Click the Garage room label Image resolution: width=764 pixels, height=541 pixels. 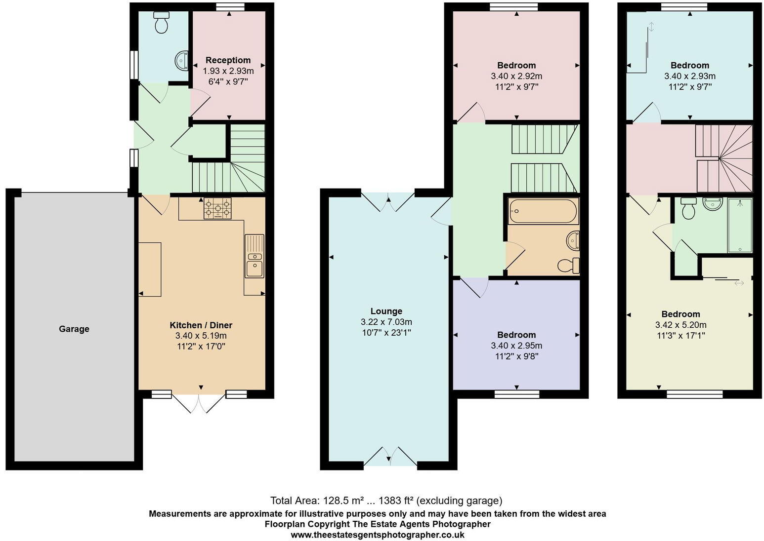74,329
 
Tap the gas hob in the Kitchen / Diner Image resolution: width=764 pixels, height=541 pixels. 217,208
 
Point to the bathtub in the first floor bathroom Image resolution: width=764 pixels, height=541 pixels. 543,211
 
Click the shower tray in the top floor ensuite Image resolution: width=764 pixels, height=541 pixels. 739,226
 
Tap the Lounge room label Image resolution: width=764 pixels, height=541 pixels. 386,311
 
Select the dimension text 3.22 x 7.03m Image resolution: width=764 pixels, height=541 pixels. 386,322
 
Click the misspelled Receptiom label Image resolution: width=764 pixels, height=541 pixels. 228,60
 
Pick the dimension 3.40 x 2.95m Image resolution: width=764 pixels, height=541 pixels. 516,346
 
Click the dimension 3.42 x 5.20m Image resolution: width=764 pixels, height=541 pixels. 680,325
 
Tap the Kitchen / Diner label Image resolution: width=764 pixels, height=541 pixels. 201,325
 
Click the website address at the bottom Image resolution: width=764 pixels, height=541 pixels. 377,535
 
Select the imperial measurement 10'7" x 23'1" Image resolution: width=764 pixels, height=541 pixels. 386,333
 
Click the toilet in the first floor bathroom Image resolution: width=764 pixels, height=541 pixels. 569,266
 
